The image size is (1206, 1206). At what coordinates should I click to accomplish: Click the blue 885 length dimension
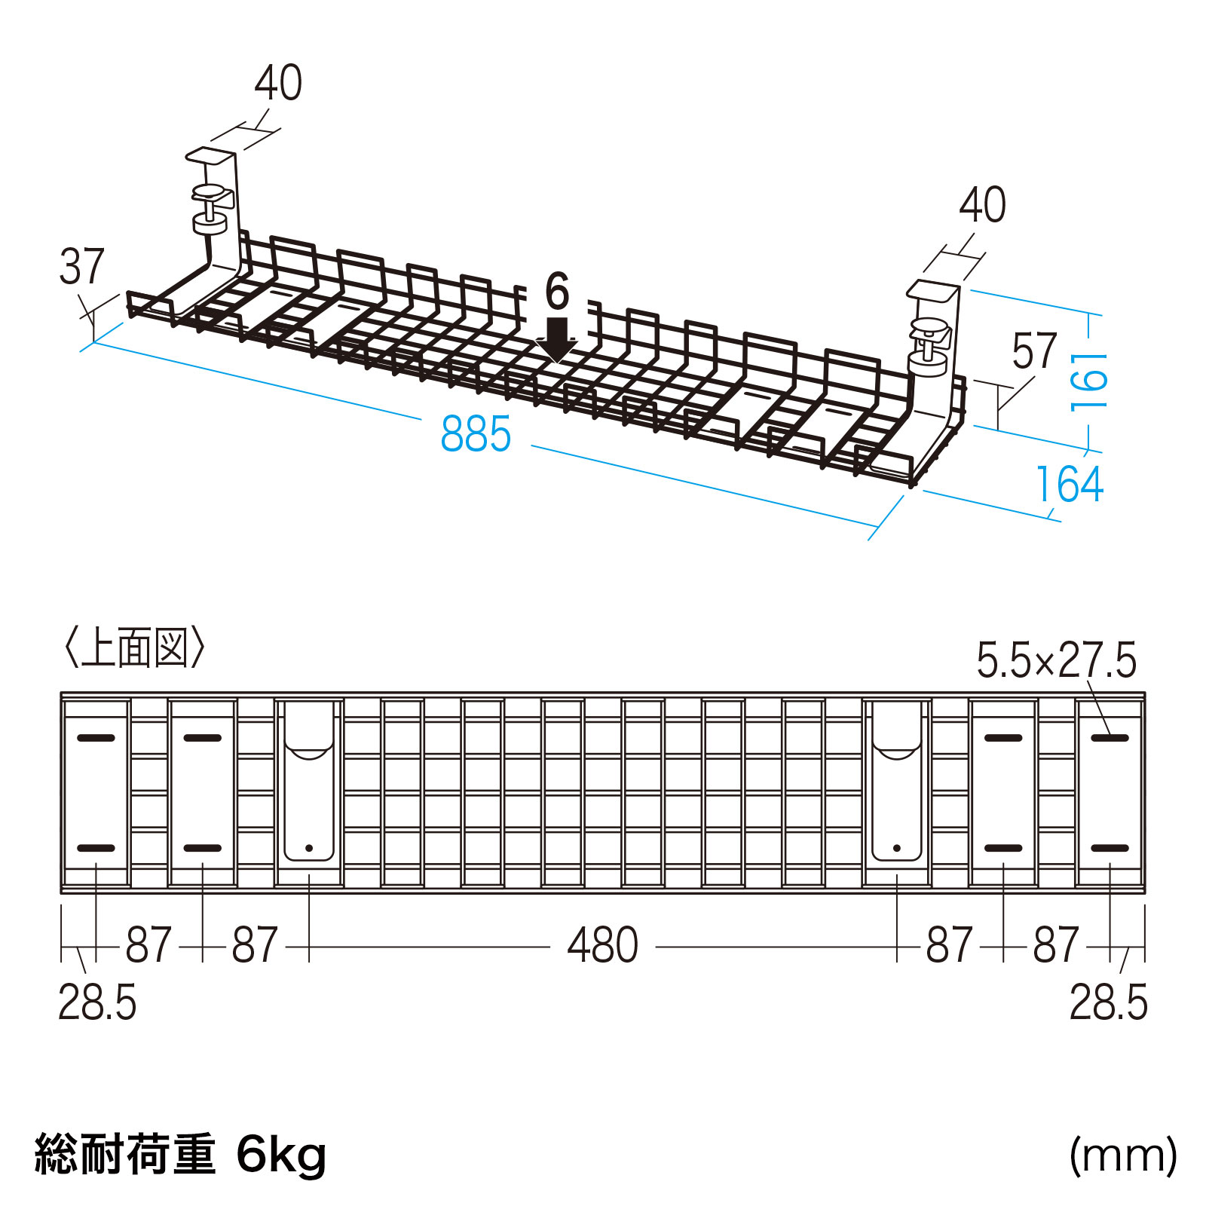click(476, 434)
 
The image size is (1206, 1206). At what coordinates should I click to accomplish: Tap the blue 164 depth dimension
click(1069, 484)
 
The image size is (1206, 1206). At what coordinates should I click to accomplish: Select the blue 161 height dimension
click(1090, 381)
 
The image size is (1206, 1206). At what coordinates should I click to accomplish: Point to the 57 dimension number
click(1034, 351)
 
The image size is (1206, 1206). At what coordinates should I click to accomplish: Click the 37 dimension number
click(81, 266)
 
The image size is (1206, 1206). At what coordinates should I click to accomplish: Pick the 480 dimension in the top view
click(602, 945)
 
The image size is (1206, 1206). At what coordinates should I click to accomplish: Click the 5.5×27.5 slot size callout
click(1055, 660)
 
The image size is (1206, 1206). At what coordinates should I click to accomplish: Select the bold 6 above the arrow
click(557, 292)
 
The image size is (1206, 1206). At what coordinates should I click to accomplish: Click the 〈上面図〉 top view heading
click(134, 647)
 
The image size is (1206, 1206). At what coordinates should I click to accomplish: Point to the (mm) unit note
click(1122, 1155)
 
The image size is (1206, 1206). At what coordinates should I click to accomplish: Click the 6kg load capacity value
click(281, 1155)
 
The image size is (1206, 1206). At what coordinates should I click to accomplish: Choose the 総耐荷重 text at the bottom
click(125, 1155)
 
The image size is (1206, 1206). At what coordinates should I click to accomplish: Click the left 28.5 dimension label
click(97, 1002)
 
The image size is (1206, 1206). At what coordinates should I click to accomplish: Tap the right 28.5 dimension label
click(1108, 1002)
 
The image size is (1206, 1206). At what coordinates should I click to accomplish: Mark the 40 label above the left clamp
click(278, 83)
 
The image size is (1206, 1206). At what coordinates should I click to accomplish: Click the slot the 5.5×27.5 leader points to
click(1110, 737)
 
